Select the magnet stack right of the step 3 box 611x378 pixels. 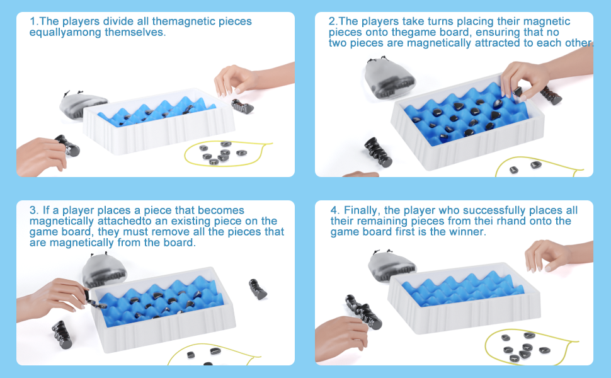pos(257,289)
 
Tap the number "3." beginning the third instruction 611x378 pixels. pos(34,210)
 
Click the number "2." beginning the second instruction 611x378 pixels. pos(333,21)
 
